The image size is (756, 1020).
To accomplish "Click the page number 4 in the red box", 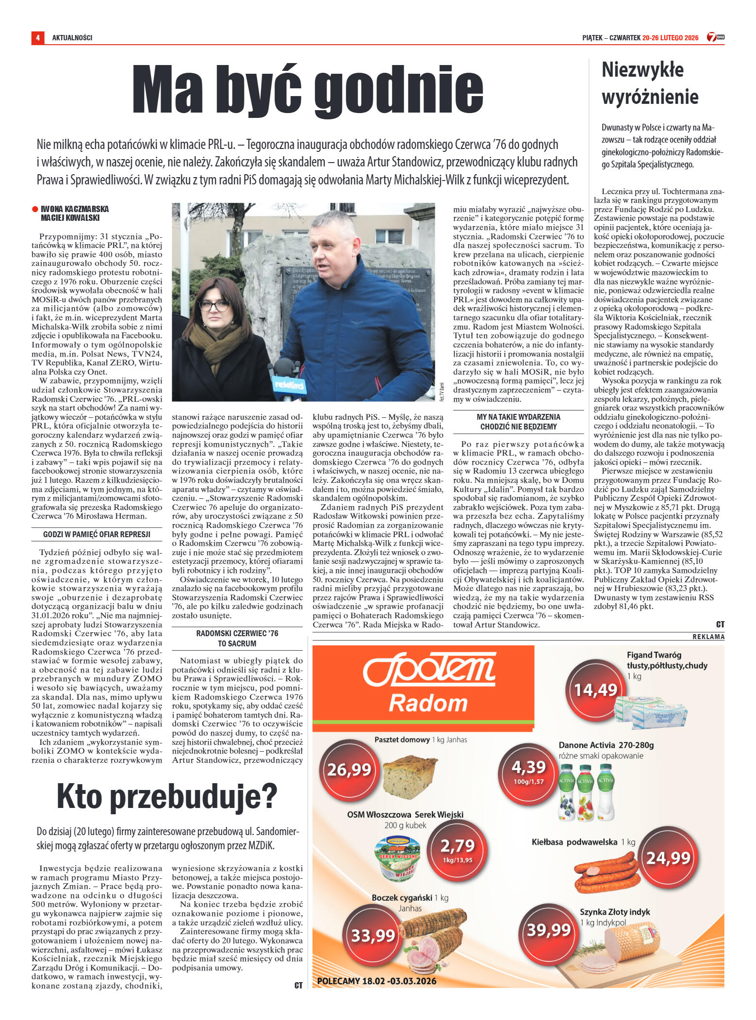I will pos(37,37).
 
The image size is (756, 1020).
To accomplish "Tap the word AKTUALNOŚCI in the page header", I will pos(72,38).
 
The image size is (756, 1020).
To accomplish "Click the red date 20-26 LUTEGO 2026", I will pos(670,38).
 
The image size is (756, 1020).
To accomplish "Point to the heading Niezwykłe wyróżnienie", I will pos(650,83).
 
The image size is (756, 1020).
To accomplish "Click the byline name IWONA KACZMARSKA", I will pos(75,209).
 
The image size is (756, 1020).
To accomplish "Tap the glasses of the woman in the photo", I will pos(214,306).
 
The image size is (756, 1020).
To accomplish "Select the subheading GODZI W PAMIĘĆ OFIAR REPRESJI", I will pos(97,534).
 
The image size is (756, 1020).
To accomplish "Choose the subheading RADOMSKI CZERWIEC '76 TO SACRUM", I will pos(237,638).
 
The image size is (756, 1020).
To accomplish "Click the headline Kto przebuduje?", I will pos(166,796).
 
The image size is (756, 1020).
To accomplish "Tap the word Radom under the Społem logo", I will pos(427,703).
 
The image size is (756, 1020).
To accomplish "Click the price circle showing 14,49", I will pos(595,690).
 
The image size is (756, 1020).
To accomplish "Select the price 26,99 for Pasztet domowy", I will pos(349,769).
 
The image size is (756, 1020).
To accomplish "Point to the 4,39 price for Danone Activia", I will pos(529,769).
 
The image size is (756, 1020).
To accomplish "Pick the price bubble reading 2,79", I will pos(457,847).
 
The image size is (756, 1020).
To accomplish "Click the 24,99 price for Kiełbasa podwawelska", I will pos(668,858).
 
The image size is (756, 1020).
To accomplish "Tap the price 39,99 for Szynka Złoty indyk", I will pos(548,930).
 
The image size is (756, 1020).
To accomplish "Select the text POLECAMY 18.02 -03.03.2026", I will pos(377,981).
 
